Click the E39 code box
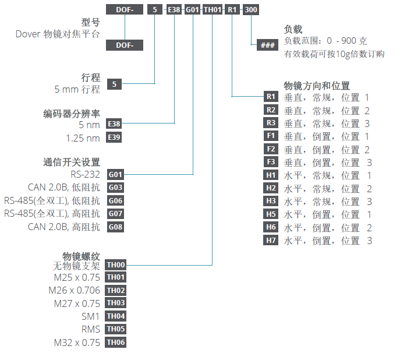pos(115,138)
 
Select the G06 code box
pos(115,201)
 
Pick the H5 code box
pos(271,214)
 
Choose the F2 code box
pos(271,149)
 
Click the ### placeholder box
pos(267,45)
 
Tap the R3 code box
pos(271,123)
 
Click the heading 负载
pos(293,30)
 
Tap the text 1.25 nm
pos(83,138)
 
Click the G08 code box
pos(115,227)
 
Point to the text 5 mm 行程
pos(77,89)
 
